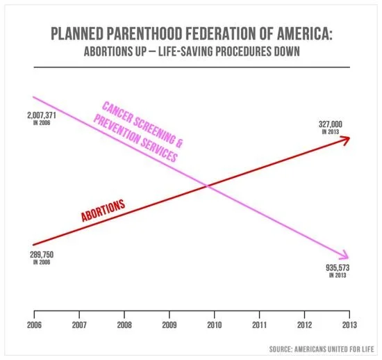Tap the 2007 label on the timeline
pos(78,324)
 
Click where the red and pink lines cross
pos(206,185)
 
